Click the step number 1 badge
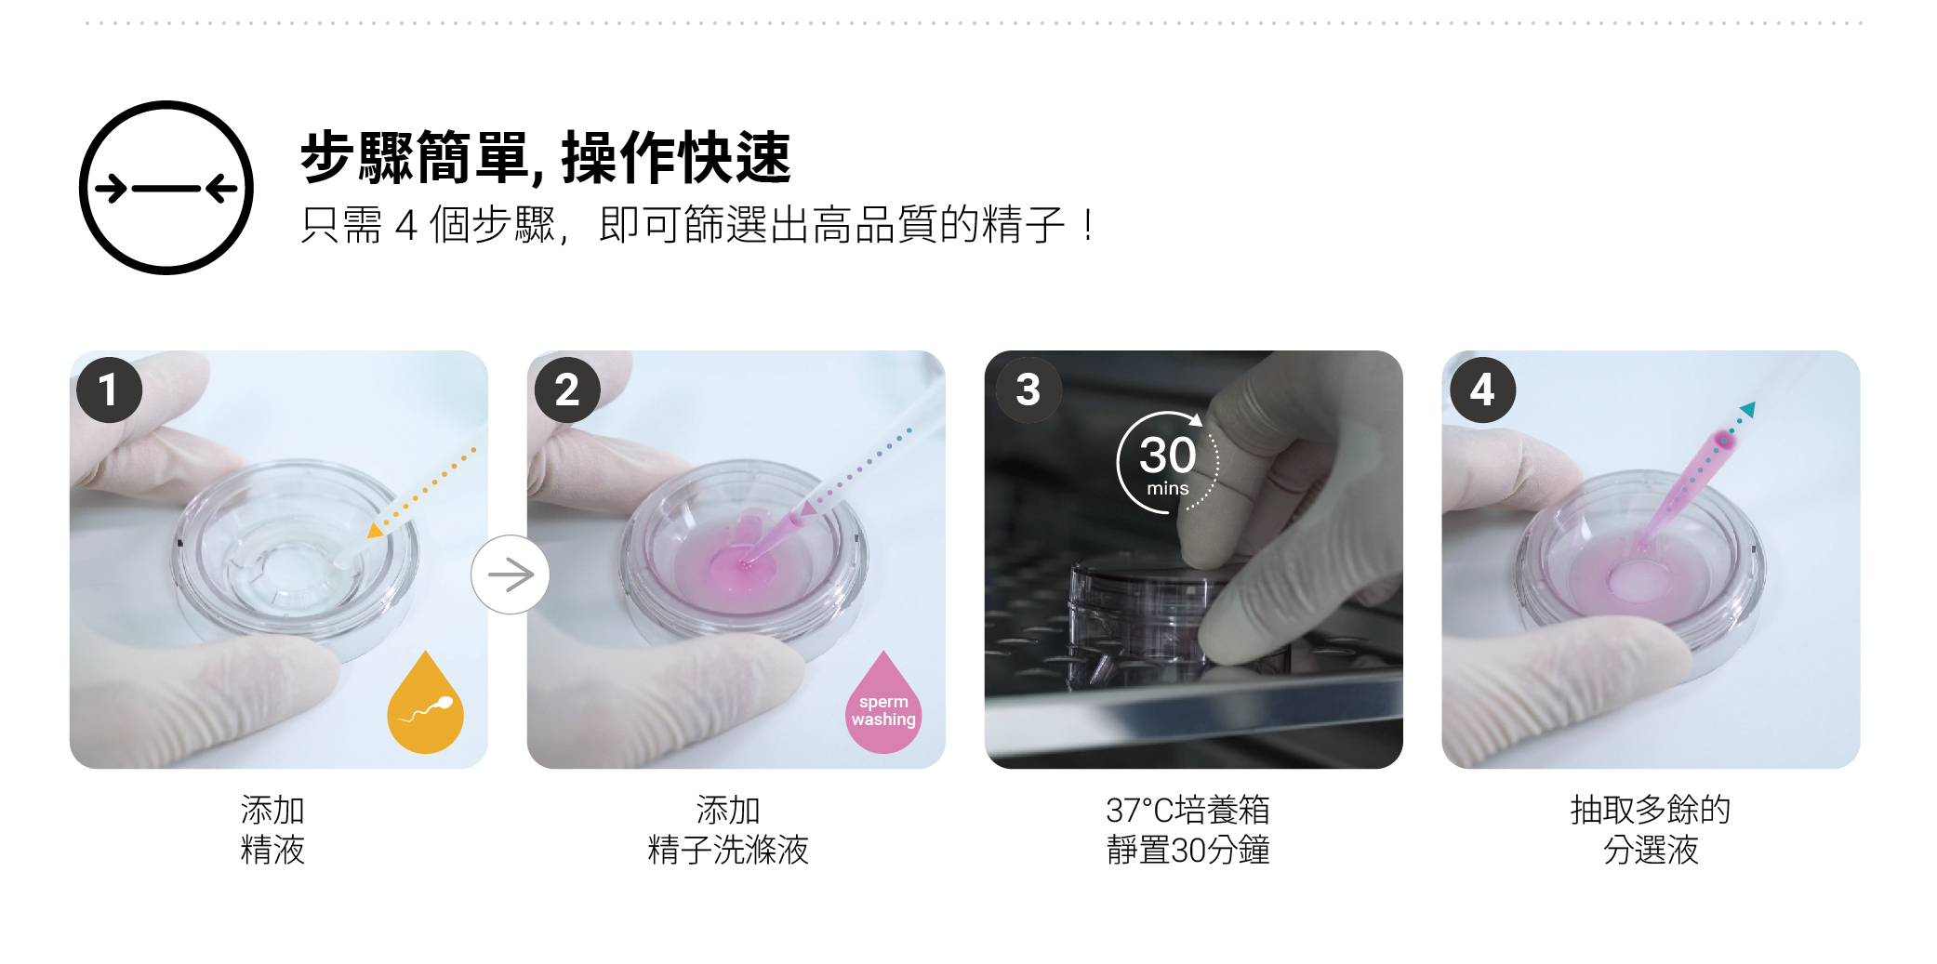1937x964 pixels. coord(110,390)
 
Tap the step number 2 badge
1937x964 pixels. coord(567,390)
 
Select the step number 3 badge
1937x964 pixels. coord(1028,390)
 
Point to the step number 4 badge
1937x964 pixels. coord(1482,390)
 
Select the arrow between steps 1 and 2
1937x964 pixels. coord(511,574)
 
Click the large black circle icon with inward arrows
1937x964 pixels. coord(166,188)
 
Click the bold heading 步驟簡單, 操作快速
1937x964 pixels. coord(546,157)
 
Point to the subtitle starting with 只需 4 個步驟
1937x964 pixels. coord(697,225)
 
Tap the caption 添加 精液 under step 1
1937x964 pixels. coord(272,829)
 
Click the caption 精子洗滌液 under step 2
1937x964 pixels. coord(728,850)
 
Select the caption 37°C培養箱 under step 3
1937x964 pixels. coord(1187,810)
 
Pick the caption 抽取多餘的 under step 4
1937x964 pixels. coord(1651,810)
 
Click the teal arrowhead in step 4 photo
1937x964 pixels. coord(1748,409)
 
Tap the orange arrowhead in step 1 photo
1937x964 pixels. coord(375,530)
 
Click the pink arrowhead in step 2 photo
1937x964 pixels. coord(808,508)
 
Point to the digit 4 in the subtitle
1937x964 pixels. coord(406,226)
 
